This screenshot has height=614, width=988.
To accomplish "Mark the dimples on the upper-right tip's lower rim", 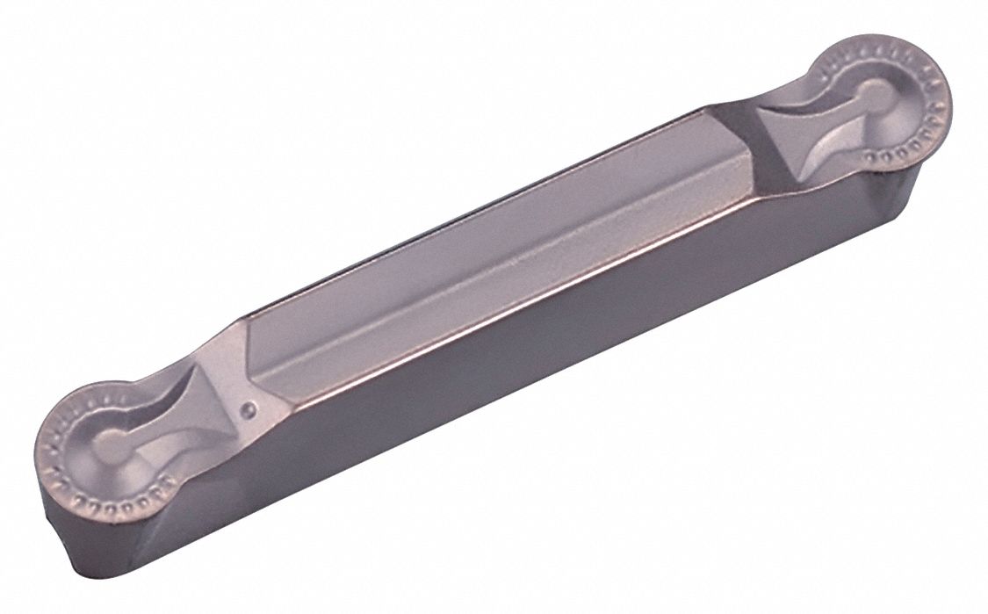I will coord(905,149).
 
